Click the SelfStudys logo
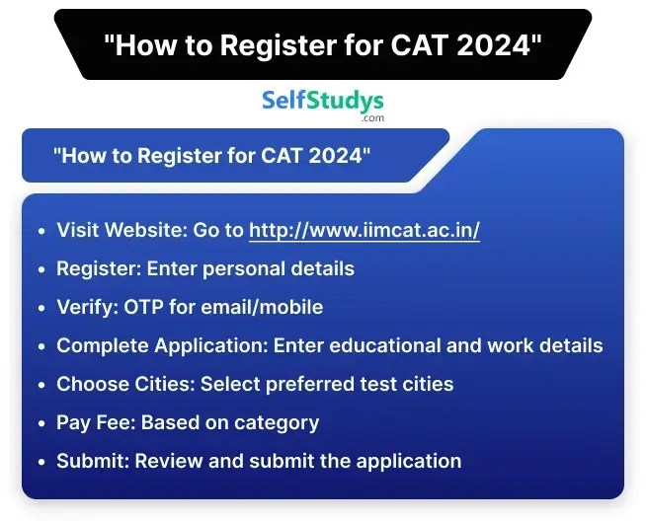pos(322,101)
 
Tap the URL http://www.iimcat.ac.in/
pos(364,231)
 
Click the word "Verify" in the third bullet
pos(83,307)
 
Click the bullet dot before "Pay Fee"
pos(40,423)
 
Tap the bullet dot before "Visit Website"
pos(40,232)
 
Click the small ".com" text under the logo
pos(372,118)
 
